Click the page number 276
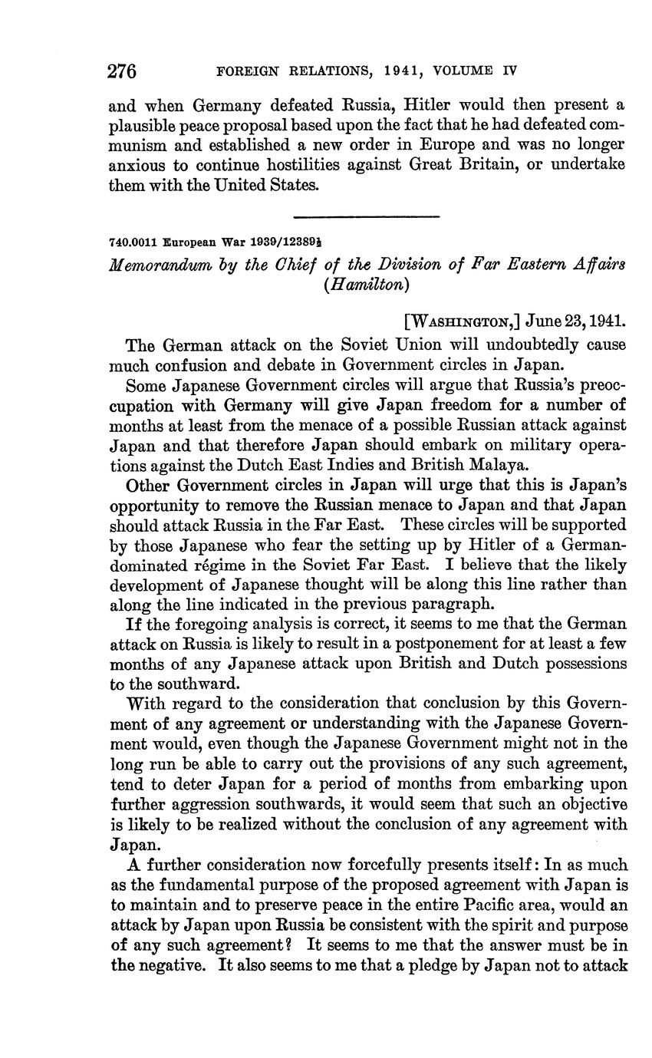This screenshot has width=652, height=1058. tap(122, 71)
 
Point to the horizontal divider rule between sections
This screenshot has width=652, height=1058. tap(366, 215)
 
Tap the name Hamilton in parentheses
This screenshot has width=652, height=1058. tap(365, 284)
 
